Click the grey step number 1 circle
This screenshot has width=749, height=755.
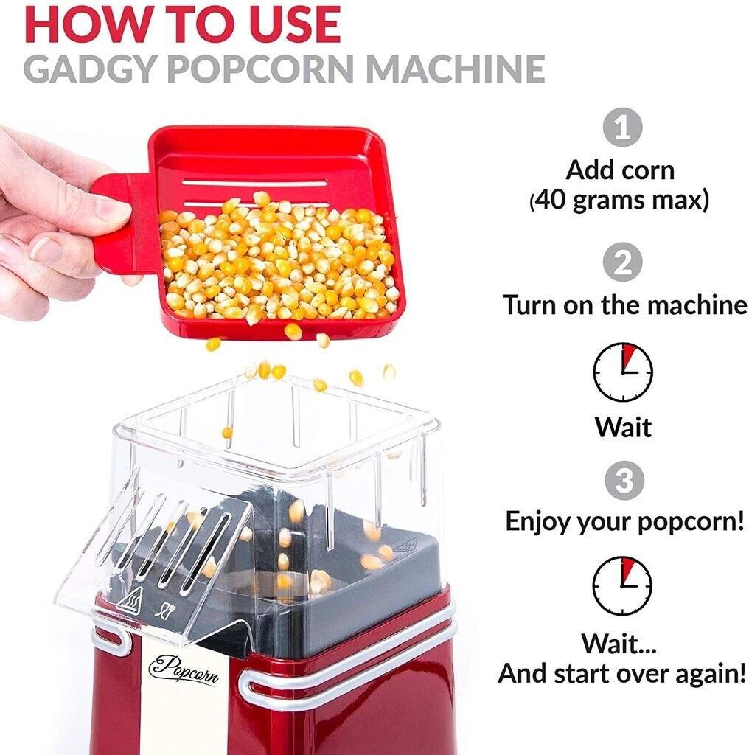point(622,127)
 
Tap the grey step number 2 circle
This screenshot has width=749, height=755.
point(622,262)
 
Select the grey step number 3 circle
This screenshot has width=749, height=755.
point(624,481)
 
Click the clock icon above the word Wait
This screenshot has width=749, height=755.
point(622,372)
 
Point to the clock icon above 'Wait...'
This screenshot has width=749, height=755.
point(622,586)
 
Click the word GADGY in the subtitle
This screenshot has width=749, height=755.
point(90,69)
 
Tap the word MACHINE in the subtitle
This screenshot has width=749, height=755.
point(456,69)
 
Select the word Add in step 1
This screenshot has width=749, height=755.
point(586,170)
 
